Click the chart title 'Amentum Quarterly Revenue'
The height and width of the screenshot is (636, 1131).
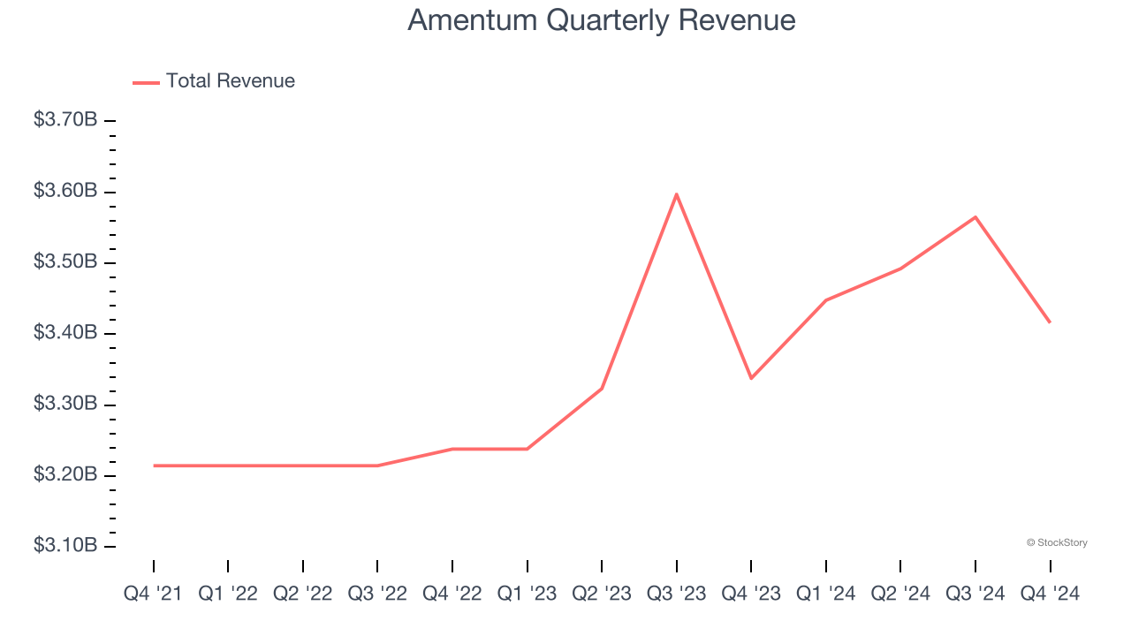[x=601, y=20]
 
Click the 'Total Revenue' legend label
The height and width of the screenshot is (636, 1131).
[x=230, y=81]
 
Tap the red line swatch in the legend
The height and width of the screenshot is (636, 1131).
[x=146, y=82]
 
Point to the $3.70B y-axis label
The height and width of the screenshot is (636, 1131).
[x=65, y=119]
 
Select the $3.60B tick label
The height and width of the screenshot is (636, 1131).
[x=65, y=191]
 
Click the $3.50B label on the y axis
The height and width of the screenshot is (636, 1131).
[x=65, y=262]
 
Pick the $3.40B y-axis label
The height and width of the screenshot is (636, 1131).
[x=65, y=333]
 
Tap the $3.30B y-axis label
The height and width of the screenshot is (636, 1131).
[x=65, y=405]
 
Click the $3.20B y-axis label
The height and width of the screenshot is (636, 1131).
[x=65, y=475]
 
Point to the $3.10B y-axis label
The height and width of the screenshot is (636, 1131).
[x=65, y=546]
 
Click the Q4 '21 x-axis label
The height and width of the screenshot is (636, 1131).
[x=153, y=594]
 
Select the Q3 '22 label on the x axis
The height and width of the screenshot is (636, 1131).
[x=377, y=594]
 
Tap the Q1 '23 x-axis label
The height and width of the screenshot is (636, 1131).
[x=527, y=594]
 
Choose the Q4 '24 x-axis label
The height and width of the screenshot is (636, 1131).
[x=1050, y=594]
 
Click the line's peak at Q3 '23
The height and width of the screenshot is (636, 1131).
[x=676, y=194]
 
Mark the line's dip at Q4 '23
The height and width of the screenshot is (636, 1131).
[x=751, y=378]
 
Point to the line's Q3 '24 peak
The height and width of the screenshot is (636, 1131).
[x=975, y=216]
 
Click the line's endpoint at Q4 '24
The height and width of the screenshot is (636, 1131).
[x=1050, y=322]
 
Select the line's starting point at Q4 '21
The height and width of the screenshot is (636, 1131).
[x=154, y=466]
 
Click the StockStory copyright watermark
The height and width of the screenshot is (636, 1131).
[x=1057, y=542]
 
